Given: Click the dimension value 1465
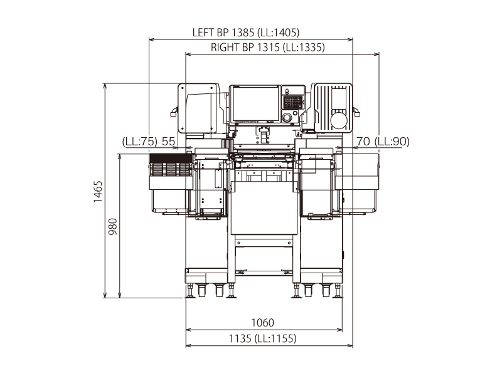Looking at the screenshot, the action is click(x=98, y=192).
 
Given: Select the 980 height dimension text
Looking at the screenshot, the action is click(x=113, y=226).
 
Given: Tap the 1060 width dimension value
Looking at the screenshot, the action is click(x=263, y=323).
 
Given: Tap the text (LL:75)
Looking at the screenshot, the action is click(x=140, y=142).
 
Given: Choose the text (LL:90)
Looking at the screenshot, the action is click(x=392, y=141).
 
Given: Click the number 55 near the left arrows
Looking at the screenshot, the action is click(x=168, y=142).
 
